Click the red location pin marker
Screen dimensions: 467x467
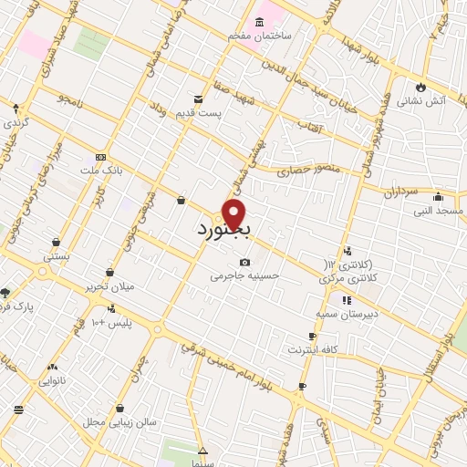[235, 213]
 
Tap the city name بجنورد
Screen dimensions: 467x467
[223, 230]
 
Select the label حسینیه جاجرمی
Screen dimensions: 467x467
[244, 275]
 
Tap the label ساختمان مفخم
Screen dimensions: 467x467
[239, 36]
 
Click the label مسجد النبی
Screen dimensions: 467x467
[438, 210]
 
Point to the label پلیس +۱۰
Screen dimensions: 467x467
[112, 324]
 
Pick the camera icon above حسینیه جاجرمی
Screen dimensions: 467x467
[244, 262]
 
